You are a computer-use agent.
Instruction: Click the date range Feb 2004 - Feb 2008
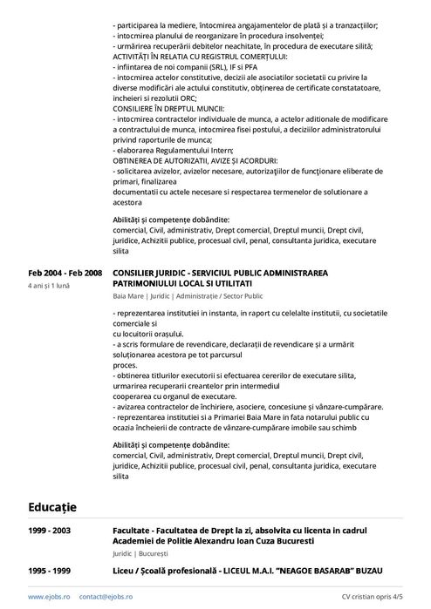[65, 273]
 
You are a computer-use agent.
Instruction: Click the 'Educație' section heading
[52, 506]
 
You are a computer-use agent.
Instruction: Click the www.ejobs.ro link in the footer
[49, 597]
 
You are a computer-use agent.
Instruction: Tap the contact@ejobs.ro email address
[106, 597]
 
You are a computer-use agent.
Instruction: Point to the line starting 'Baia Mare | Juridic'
[188, 296]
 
